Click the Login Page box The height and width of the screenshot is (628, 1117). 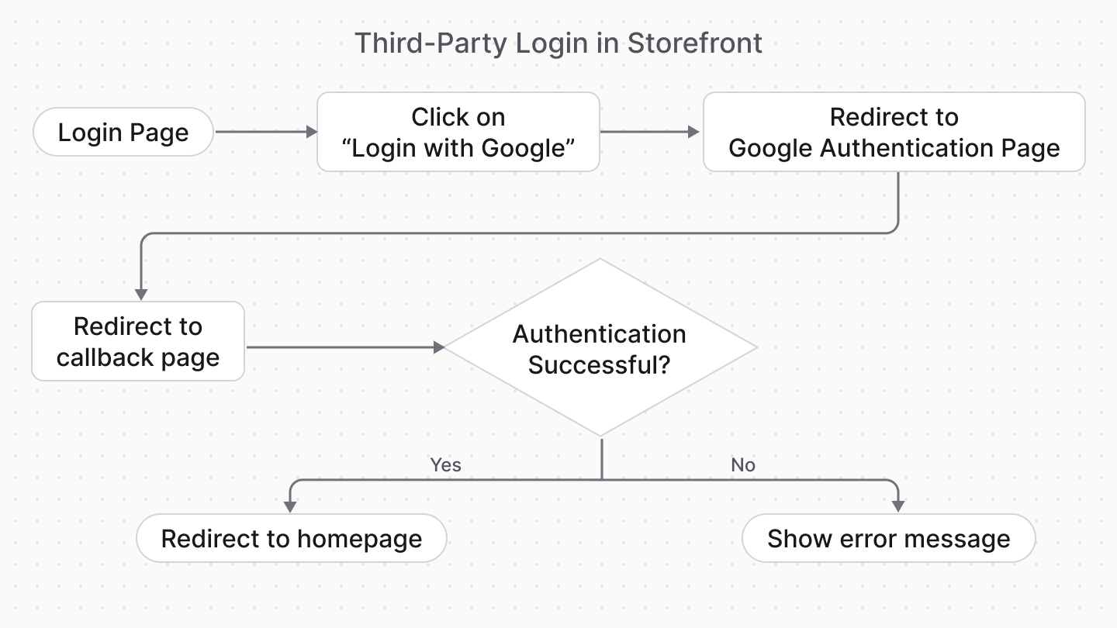pos(123,133)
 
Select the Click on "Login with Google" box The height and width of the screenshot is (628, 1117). pos(458,132)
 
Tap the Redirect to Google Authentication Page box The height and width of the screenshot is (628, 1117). pos(894,132)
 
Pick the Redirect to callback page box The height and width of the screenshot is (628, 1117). pos(138,341)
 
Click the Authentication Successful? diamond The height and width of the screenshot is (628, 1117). pos(600,348)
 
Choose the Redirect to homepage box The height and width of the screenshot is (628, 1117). pos(291,539)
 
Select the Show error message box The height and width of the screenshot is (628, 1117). pos(888,539)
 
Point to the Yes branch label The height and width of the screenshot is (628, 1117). pos(445,465)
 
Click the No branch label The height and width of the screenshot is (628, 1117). pos(742,465)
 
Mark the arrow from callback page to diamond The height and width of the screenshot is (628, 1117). pos(344,347)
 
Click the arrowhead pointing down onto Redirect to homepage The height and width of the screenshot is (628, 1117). pos(290,506)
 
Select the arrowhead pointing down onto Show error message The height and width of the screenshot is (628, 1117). pos(898,506)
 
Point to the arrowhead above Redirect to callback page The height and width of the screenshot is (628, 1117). pos(141,293)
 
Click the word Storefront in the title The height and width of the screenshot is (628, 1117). pos(694,43)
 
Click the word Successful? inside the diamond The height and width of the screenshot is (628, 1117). pos(599,364)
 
